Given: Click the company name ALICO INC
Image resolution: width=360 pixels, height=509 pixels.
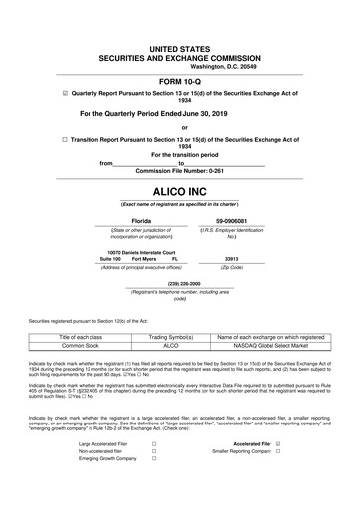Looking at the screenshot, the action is click(x=180, y=186).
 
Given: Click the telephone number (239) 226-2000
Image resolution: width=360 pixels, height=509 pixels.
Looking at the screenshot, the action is click(x=180, y=281).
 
